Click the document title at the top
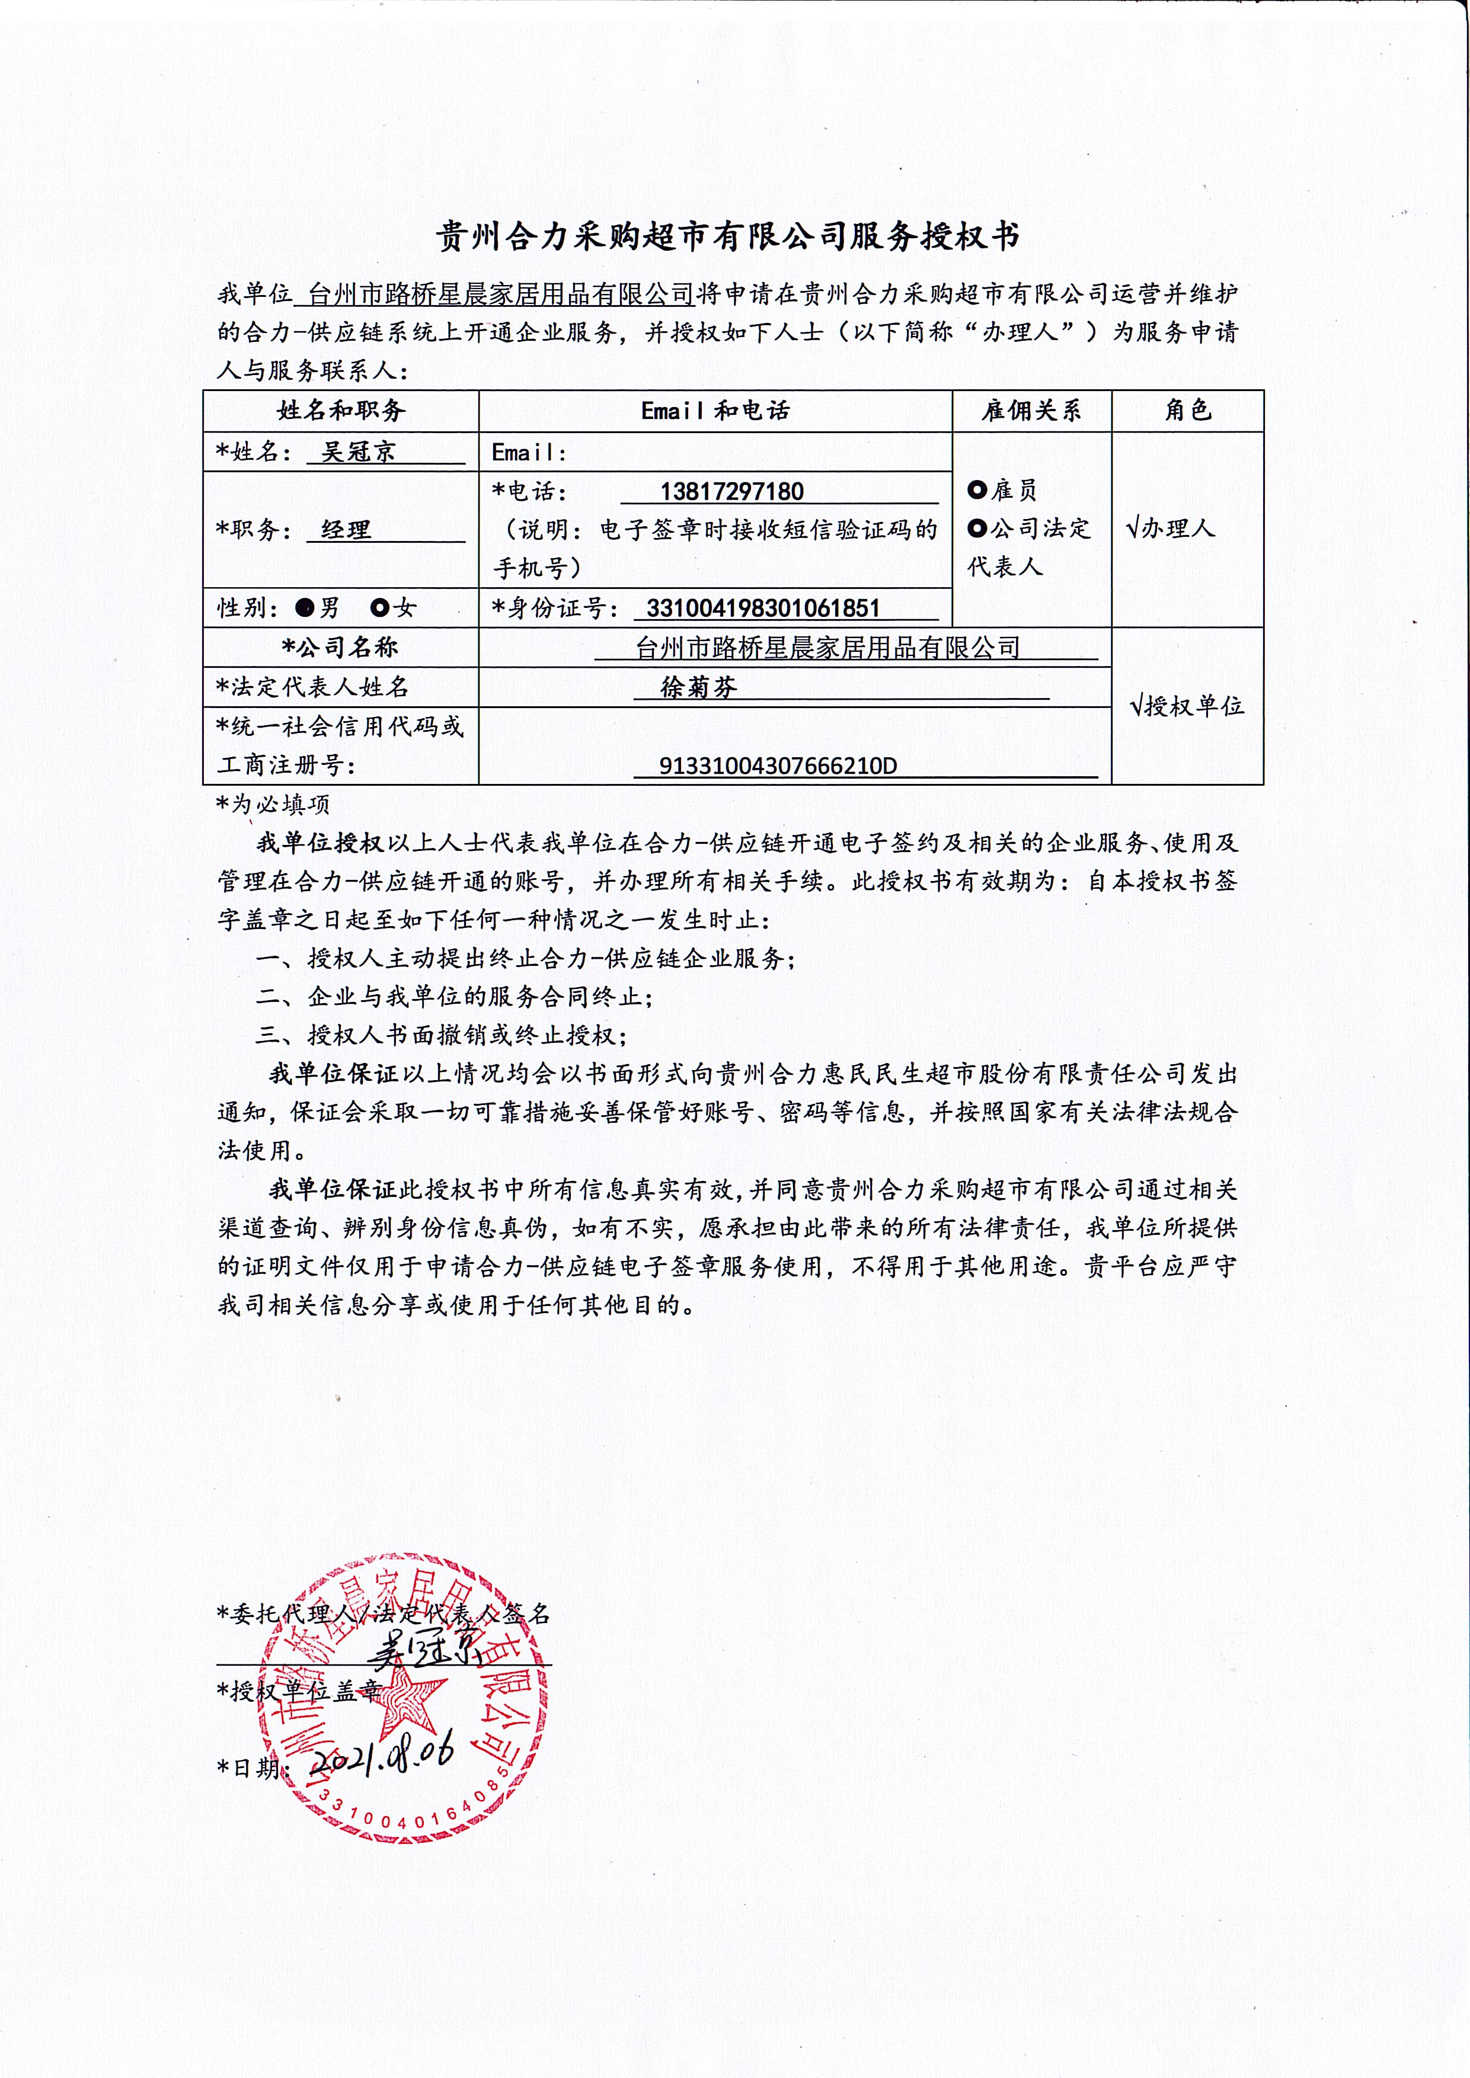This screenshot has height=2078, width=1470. pos(728,237)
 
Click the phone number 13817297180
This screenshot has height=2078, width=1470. pos(731,491)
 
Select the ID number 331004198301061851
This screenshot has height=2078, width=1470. pos(763,607)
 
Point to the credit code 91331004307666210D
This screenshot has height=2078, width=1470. pos(778,766)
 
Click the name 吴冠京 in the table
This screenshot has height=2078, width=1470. pos(359,452)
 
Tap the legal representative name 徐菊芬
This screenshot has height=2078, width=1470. pos(699,687)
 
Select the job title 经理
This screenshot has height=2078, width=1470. pos(347,530)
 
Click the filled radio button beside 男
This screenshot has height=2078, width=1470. pos(305,607)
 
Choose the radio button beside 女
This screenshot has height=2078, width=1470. pos(380,607)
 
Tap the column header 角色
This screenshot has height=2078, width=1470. pos(1188,411)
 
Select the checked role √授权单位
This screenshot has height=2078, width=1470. pos(1187,706)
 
